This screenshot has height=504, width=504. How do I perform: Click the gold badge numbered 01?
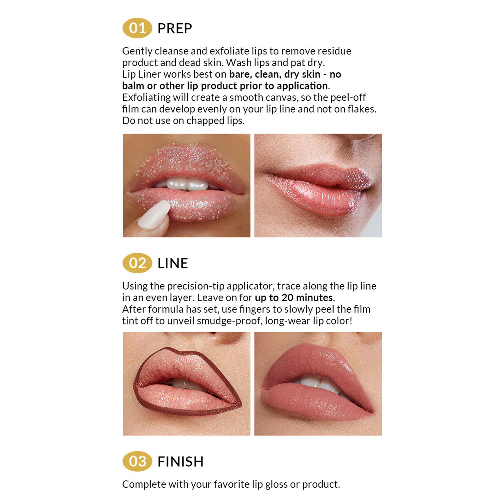point(137,28)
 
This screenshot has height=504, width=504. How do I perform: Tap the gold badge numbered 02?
point(137,263)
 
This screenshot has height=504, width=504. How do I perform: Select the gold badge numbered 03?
point(137,461)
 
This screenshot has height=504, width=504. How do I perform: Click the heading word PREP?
point(175,29)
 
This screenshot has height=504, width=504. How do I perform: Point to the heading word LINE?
point(173,264)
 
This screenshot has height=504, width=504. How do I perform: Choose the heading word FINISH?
point(180,462)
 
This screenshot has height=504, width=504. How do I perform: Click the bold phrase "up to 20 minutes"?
point(294,298)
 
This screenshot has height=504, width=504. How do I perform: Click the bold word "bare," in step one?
point(240,74)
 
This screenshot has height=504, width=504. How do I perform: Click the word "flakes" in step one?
point(361,109)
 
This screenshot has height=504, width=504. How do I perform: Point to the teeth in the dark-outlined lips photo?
point(181,383)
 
